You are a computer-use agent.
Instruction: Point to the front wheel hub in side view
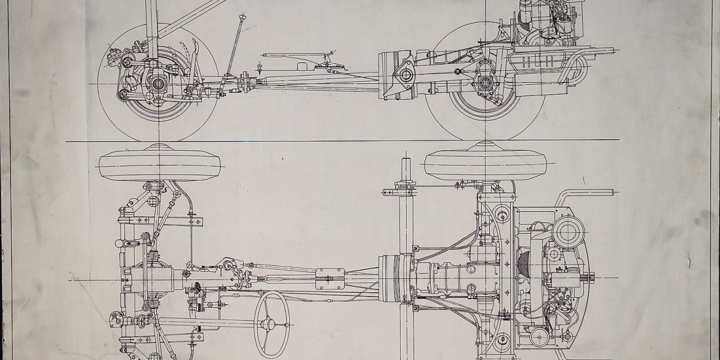(x=158, y=82)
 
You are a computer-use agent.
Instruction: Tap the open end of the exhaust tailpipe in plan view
(x=612, y=193)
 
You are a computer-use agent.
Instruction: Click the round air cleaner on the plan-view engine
(x=568, y=233)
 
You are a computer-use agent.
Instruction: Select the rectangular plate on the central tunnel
(x=330, y=279)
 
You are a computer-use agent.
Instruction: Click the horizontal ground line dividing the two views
(x=345, y=141)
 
